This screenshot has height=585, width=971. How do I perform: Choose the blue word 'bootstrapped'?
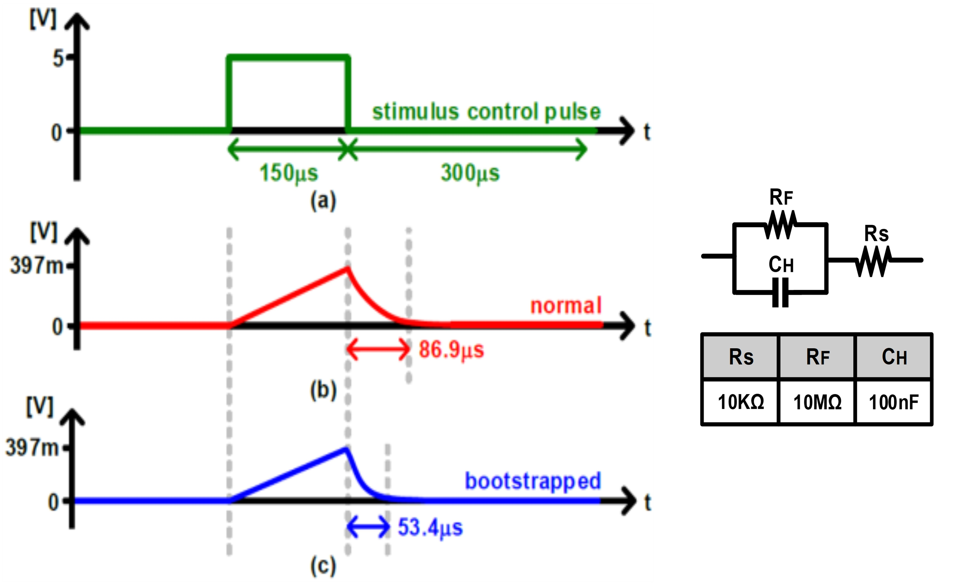pos(533,481)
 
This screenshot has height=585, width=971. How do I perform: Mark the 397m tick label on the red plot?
pos(36,265)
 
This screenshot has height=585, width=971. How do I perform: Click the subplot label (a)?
pos(323,201)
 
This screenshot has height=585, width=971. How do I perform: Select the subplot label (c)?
pos(323,566)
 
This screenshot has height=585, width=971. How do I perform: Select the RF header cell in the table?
pos(817,357)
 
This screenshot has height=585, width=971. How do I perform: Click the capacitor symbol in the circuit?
pos(780,292)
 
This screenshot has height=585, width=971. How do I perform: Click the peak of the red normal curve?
pos(347,268)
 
